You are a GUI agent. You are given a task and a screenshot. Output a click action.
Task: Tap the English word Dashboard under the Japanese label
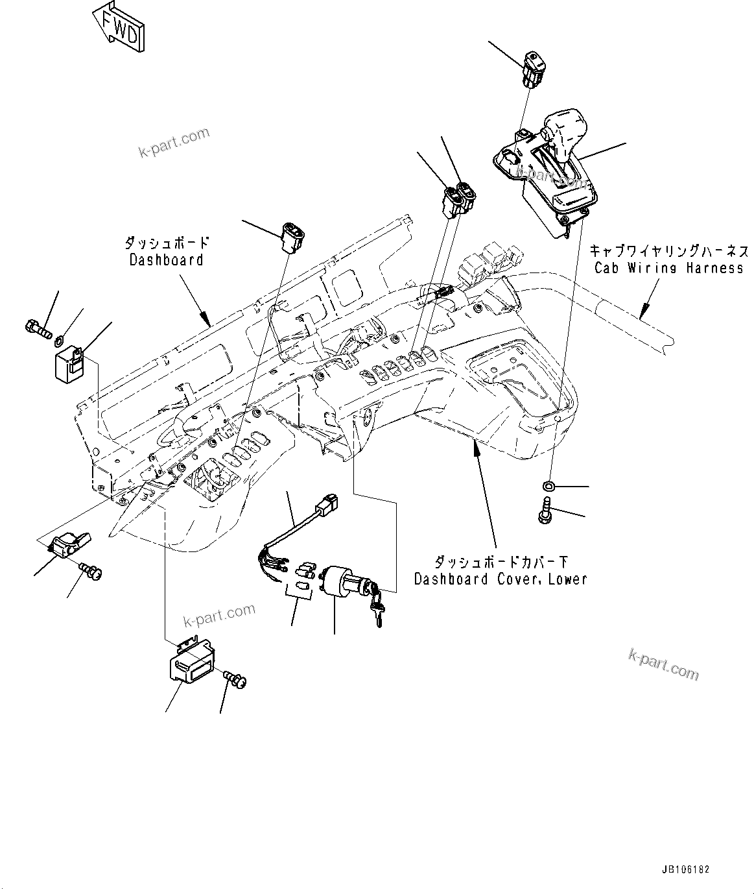(x=166, y=260)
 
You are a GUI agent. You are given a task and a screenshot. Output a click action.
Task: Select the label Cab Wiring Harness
(x=668, y=268)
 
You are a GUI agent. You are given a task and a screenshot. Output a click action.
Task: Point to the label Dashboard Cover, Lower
(x=500, y=579)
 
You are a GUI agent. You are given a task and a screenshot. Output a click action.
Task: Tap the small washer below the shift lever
(x=548, y=485)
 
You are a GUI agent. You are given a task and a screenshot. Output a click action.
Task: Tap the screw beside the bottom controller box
(x=235, y=679)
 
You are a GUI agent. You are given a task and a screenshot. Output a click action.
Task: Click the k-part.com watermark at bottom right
(x=664, y=664)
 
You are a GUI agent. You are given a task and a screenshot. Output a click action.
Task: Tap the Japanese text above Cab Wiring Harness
(x=668, y=251)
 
